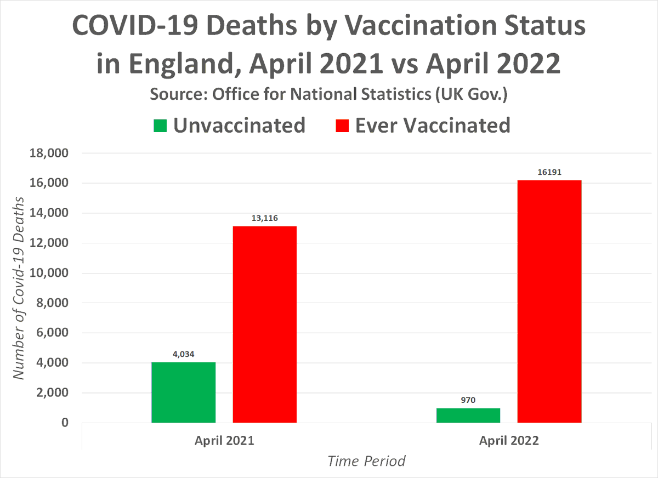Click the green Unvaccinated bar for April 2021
pos(184,392)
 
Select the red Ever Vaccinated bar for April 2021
pos(265,324)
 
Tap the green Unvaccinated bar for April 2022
pos(468,415)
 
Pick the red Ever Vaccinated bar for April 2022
pos(549,301)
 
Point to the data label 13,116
pos(265,218)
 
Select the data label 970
pos(468,400)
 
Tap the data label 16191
pos(549,172)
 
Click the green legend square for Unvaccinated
pos(160,126)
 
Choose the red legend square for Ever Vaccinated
pos(342,126)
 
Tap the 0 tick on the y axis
pos(65,423)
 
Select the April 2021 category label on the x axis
pos(224,440)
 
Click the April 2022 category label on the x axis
pos(509,440)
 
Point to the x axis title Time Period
pos(366,461)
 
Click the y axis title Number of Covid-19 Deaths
pos(19,288)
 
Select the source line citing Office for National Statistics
pos(328,94)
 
